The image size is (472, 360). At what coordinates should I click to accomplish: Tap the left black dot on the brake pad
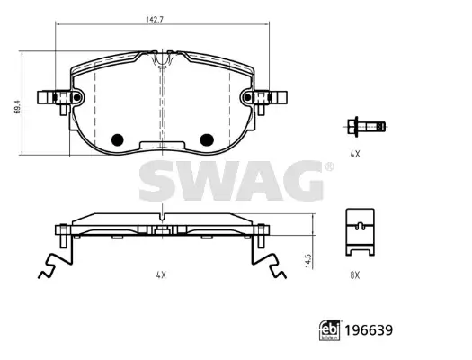coord(115,139)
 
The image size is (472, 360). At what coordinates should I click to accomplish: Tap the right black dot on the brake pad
coord(206,139)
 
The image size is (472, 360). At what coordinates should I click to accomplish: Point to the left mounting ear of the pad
coord(52,97)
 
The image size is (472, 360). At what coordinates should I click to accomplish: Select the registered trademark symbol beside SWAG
coord(329,167)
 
